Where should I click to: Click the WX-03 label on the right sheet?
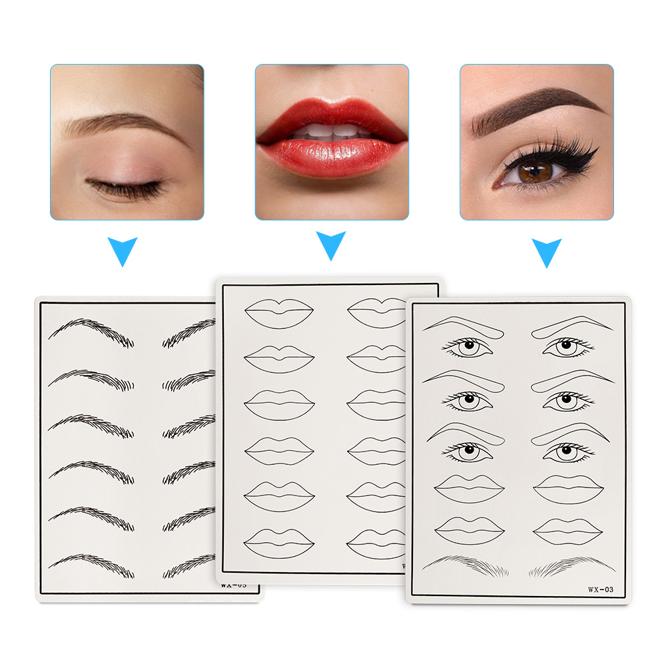600,588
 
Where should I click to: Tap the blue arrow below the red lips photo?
331,246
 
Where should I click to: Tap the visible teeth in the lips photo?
331,131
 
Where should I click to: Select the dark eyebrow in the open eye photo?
533,107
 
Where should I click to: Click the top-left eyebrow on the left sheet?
91,330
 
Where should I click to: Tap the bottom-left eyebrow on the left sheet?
91,563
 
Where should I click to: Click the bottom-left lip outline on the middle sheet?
278,542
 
